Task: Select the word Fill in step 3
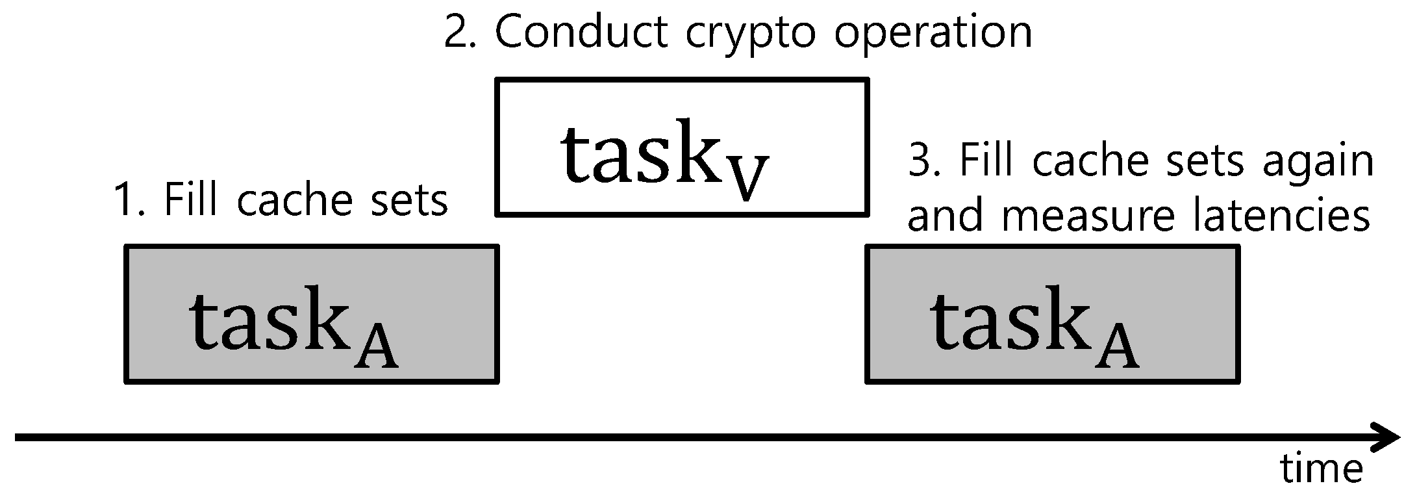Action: tap(988, 160)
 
